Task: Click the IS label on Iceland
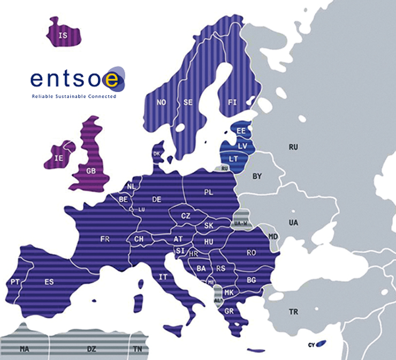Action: coord(63,35)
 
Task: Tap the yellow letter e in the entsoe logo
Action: coord(112,79)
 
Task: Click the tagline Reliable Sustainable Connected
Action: coord(74,97)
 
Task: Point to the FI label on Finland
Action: coord(232,101)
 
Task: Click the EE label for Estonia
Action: coord(241,131)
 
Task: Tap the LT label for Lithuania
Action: coord(233,159)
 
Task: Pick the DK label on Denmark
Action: coord(157,154)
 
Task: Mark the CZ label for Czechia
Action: coord(186,216)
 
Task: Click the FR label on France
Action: coord(105,239)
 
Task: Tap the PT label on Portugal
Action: coord(15,281)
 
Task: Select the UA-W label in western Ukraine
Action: coord(240,223)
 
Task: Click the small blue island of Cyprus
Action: coord(322,343)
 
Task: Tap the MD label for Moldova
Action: coord(273,236)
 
